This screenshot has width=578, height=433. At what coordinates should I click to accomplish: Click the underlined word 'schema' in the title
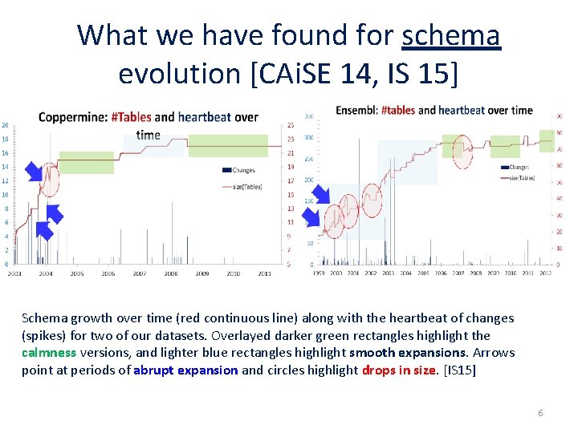click(x=450, y=36)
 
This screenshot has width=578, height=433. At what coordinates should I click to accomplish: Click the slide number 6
click(x=540, y=413)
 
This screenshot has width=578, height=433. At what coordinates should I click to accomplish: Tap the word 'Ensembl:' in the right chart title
click(x=356, y=110)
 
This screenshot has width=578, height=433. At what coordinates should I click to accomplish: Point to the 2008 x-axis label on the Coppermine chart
click(x=170, y=273)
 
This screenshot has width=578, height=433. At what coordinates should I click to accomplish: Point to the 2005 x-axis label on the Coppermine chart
click(x=76, y=273)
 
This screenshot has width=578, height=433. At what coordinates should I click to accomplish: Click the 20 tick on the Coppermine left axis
click(x=6, y=125)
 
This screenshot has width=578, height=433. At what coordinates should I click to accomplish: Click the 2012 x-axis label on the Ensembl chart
click(x=545, y=273)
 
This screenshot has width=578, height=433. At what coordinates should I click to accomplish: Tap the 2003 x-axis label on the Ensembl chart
click(x=388, y=273)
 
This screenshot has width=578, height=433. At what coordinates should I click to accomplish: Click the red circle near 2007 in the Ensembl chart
click(x=462, y=151)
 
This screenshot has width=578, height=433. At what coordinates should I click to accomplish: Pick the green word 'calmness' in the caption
click(x=49, y=353)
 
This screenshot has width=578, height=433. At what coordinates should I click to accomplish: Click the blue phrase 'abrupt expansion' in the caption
click(x=185, y=370)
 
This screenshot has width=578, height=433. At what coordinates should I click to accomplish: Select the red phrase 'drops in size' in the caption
click(x=399, y=370)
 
